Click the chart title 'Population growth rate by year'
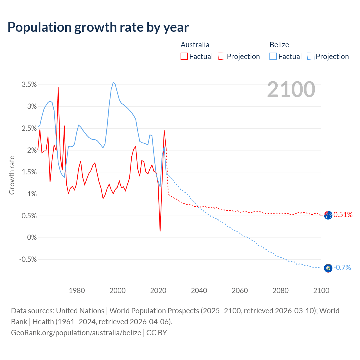click(x=98, y=27)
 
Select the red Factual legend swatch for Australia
click(x=184, y=57)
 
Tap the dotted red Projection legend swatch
click(x=222, y=57)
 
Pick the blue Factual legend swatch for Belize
click(x=273, y=57)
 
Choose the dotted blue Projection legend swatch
click(x=311, y=57)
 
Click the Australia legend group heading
click(x=195, y=45)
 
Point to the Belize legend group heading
click(x=279, y=45)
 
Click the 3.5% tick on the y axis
click(x=29, y=85)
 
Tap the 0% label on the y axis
click(x=32, y=238)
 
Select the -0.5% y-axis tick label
click(x=28, y=260)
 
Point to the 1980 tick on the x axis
click(x=77, y=291)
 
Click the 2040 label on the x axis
click(x=199, y=291)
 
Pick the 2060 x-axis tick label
click(x=240, y=291)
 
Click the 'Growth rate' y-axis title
click(x=12, y=175)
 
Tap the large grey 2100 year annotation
click(x=291, y=89)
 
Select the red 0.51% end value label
click(x=343, y=215)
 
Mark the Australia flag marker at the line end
click(x=328, y=215)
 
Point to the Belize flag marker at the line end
click(x=328, y=268)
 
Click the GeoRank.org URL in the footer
click(x=76, y=333)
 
